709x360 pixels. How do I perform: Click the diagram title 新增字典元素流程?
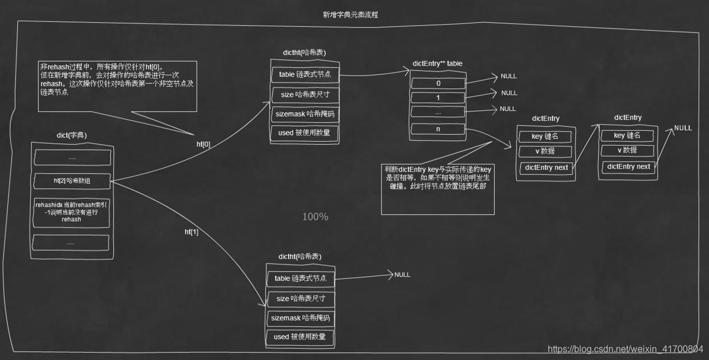click(x=350, y=15)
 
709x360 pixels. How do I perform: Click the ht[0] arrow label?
click(x=204, y=145)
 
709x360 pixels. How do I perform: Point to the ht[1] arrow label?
click(x=192, y=232)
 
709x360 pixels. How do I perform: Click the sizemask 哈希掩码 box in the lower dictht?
click(x=300, y=318)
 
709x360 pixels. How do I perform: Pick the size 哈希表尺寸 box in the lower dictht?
click(x=300, y=298)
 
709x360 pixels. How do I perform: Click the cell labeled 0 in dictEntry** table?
click(x=439, y=83)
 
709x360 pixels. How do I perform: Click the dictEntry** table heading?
click(x=437, y=63)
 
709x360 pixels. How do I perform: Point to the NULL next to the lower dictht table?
click(x=402, y=275)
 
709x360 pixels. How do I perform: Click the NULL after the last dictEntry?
click(x=683, y=128)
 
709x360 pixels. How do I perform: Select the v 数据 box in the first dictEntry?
click(x=545, y=151)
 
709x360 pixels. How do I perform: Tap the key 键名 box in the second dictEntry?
click(x=627, y=135)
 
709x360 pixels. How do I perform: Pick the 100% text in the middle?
click(x=315, y=217)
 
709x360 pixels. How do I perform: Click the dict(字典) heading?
click(x=72, y=135)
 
